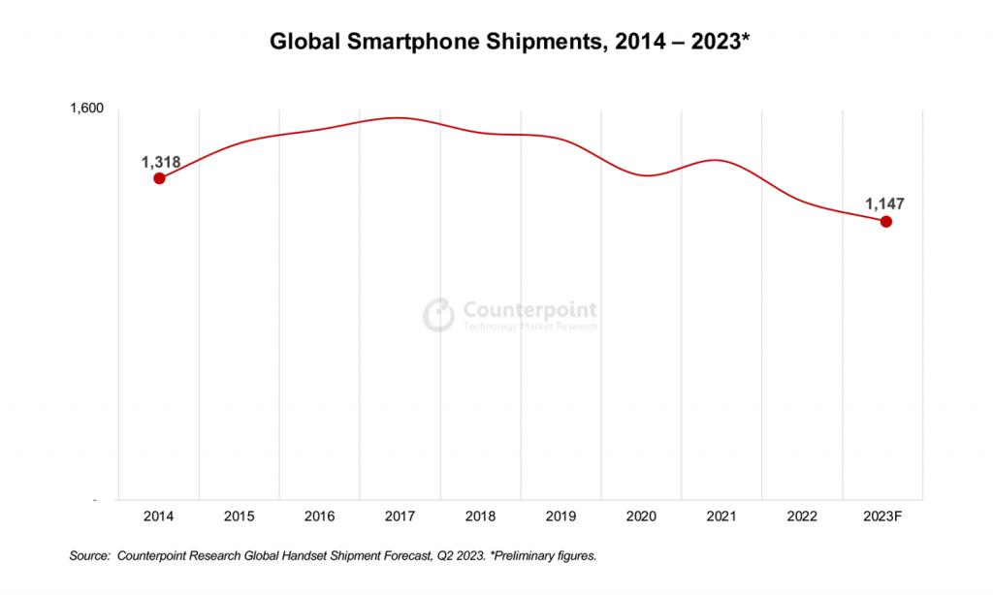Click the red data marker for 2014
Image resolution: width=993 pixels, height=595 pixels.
coord(159,178)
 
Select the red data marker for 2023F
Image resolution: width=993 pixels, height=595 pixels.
coord(885,222)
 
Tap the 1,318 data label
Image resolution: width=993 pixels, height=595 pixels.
coord(161,160)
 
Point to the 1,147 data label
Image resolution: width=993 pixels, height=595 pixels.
coord(885,204)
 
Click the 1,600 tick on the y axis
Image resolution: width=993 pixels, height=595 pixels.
coord(86,108)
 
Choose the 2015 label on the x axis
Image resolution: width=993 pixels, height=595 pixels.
coord(239,517)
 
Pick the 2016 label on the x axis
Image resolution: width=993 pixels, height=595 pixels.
coord(319,517)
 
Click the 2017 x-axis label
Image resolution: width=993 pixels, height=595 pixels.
coord(400,517)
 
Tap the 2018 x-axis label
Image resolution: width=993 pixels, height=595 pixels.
coord(480,517)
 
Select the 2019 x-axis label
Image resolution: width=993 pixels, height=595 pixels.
coord(561,517)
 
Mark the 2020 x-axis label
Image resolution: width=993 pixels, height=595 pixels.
coord(641,517)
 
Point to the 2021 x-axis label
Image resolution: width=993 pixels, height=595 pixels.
coord(722,517)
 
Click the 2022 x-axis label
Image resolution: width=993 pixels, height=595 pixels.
coord(803,517)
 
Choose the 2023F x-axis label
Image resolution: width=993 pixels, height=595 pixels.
coord(883,517)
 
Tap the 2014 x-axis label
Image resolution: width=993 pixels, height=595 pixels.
coord(158,517)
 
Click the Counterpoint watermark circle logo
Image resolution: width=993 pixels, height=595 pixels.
coord(438,314)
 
